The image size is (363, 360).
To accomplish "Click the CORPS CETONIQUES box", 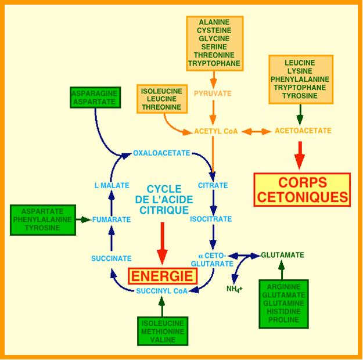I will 302,189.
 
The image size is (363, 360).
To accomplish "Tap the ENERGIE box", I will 163,276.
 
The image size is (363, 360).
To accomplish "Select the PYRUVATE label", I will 213,93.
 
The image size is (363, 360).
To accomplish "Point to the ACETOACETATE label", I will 303,131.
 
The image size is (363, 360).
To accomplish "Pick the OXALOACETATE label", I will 161,153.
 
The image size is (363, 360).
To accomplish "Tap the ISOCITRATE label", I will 211,219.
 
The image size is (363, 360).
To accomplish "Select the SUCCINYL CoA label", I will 161,291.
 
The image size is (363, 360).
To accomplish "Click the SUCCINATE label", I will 111,258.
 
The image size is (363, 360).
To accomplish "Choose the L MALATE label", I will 112,186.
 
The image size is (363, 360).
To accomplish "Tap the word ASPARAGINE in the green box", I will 94,93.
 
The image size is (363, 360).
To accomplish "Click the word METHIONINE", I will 162,332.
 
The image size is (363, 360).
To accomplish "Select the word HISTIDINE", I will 284,311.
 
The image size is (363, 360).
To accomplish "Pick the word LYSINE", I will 300,71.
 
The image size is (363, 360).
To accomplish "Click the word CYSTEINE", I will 214,30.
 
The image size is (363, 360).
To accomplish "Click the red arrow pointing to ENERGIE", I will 163,247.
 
